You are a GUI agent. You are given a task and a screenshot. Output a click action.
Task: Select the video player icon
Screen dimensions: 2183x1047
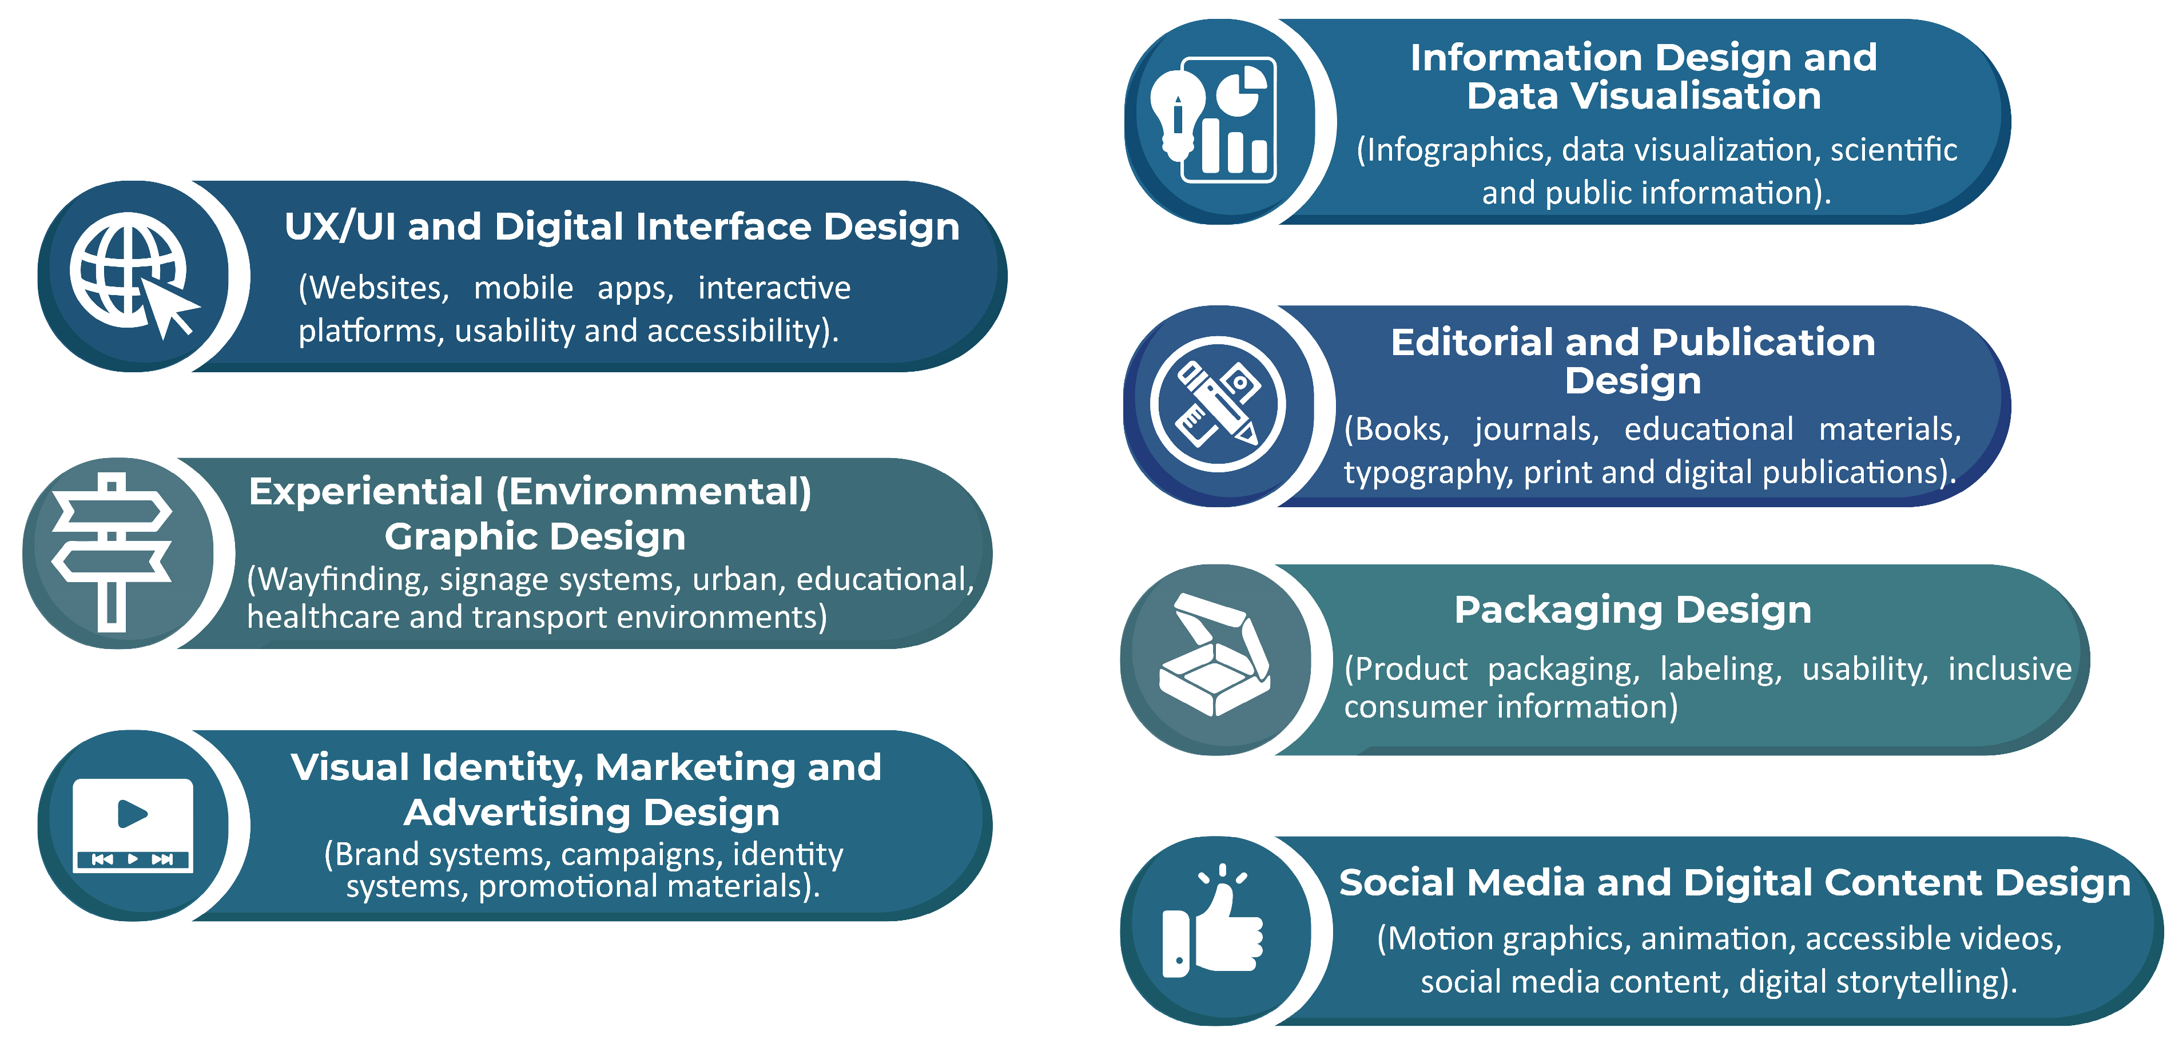[x=133, y=825]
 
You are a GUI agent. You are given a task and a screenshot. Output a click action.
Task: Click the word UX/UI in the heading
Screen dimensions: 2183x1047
[x=340, y=227]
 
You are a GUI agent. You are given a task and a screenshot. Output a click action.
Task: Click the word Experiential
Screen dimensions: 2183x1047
[x=366, y=492]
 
